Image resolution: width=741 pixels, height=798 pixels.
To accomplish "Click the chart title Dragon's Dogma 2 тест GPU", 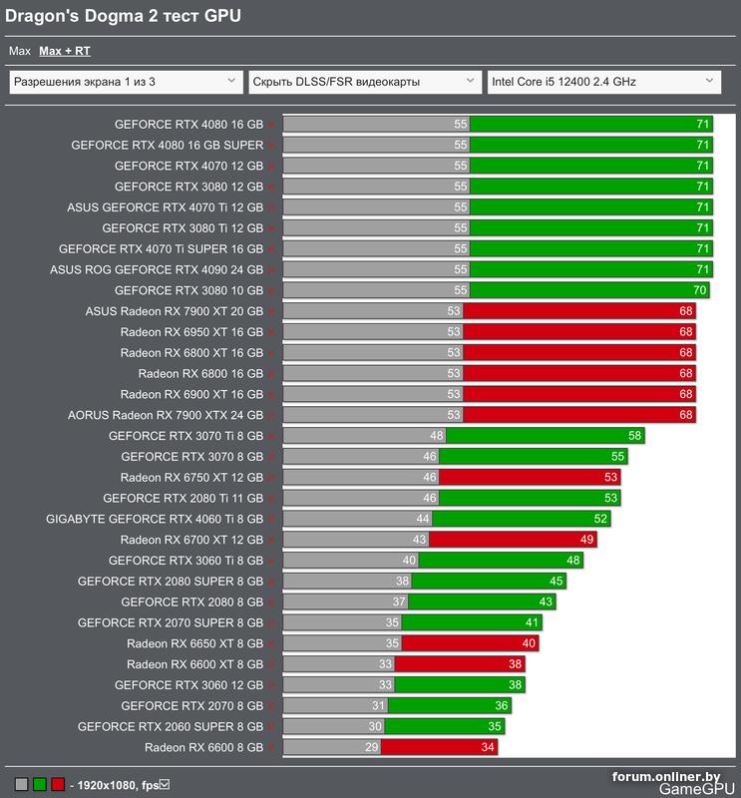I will pos(124,16).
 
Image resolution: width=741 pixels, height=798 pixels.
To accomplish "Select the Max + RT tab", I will pos(64,50).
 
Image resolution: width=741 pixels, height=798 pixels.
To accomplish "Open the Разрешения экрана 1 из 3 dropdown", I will pos(126,82).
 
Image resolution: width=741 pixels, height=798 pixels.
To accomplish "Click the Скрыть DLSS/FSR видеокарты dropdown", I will pos(363,82).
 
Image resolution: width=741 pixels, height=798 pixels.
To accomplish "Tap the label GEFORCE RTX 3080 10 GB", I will pos(188,290).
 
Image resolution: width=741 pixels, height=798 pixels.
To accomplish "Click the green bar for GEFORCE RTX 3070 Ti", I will pos(545,436).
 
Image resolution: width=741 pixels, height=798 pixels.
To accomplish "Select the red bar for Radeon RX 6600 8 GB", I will pos(438,747).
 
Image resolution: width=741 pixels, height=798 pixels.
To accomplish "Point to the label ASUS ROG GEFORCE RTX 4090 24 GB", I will pos(157,269).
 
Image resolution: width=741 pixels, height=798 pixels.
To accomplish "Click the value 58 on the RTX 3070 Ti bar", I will pos(635,436).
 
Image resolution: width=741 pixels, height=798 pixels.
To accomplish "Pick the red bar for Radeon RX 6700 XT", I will pos(512,540).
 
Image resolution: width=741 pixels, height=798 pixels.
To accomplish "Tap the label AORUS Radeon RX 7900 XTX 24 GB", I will pos(166,415).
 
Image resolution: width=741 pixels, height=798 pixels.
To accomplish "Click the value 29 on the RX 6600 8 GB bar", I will pos(372,747).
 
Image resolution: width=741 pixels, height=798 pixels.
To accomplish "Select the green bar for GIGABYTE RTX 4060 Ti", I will pos(521,519).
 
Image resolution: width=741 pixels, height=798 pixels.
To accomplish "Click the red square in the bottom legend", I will pos(58,784).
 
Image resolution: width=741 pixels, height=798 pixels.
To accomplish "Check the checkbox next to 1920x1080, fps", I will pos(165,784).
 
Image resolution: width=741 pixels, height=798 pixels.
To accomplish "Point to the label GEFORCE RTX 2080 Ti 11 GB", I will pos(183,498).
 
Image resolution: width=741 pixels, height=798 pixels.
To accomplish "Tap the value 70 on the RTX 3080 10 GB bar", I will pos(699,290).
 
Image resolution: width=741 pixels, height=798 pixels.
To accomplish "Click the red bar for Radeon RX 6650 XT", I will pos(470,643).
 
